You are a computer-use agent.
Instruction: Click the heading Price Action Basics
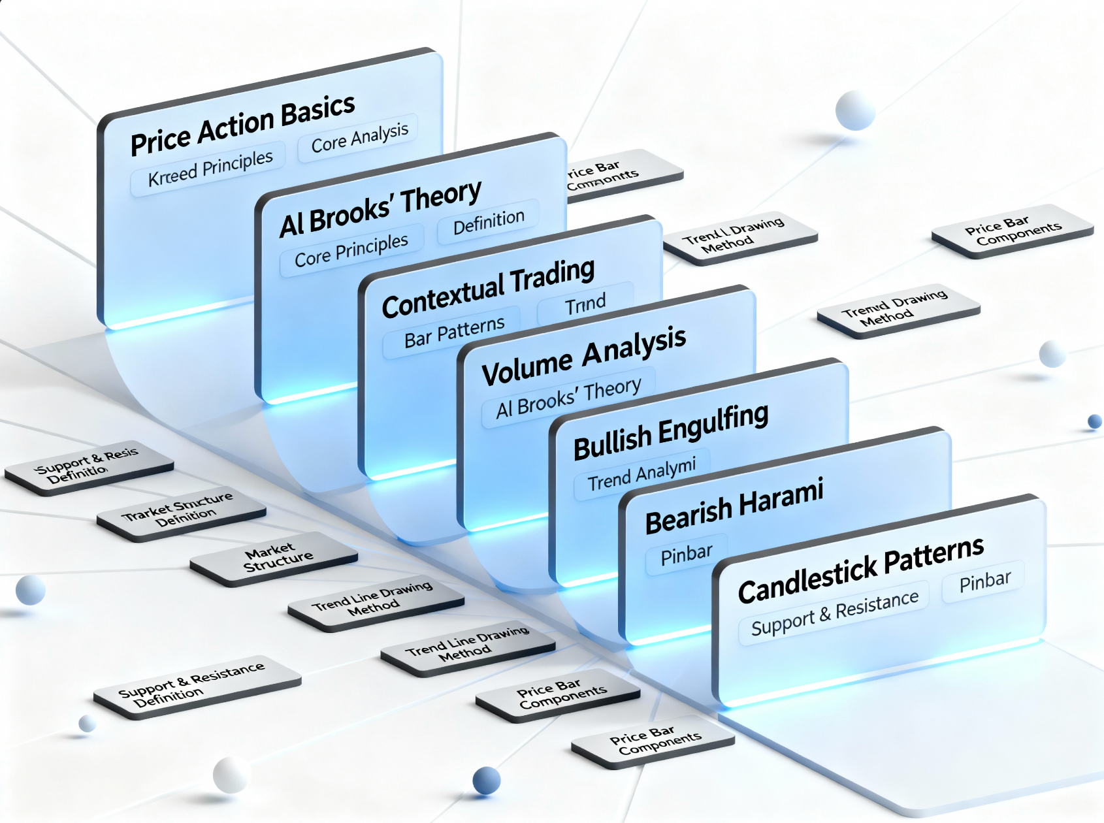(x=242, y=125)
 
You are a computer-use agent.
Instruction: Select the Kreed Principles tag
(x=210, y=169)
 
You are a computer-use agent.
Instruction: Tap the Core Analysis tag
(x=360, y=138)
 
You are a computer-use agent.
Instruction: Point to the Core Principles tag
(x=351, y=250)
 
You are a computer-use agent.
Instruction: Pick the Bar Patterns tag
(x=454, y=332)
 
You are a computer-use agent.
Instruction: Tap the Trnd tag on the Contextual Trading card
(x=585, y=304)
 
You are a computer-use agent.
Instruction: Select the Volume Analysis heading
(x=583, y=357)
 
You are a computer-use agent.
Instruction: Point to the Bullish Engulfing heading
(x=671, y=432)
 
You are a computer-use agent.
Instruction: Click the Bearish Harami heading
(x=734, y=506)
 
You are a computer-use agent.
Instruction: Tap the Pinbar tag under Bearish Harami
(x=686, y=555)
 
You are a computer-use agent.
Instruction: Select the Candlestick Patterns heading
(x=860, y=570)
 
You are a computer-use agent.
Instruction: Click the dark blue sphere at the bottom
(x=486, y=780)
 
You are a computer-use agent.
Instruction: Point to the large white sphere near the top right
(x=855, y=110)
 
